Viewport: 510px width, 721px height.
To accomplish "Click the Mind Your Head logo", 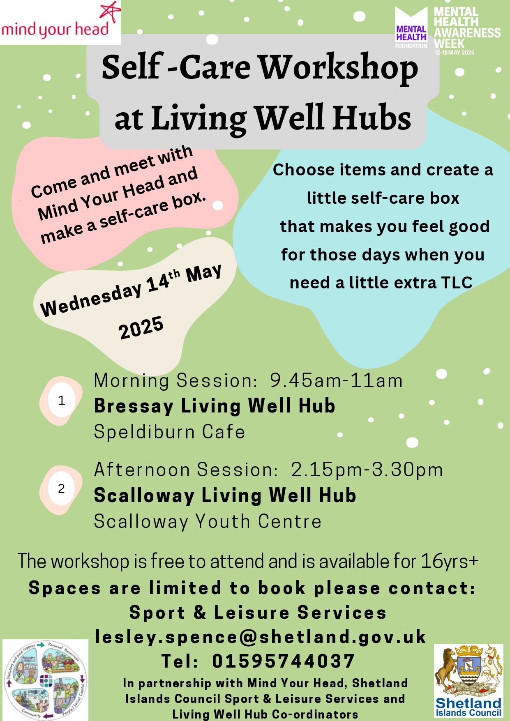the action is click(60, 23).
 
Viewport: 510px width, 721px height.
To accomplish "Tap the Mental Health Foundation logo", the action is click(411, 28).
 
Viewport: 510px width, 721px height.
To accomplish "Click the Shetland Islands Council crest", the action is click(468, 680).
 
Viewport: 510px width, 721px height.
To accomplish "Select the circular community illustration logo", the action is click(45, 680).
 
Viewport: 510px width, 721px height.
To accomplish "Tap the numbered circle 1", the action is click(61, 400).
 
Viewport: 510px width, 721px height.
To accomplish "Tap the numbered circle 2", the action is click(61, 488).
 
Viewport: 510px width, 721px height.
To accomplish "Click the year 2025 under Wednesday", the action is click(141, 328).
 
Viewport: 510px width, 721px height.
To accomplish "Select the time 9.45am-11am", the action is click(336, 380).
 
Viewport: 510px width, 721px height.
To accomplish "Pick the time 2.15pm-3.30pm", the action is click(367, 470).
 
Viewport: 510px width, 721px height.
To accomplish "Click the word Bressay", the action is click(134, 406).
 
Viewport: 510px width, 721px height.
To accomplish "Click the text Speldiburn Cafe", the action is click(169, 432).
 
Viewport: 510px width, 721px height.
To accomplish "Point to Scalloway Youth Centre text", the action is click(208, 521).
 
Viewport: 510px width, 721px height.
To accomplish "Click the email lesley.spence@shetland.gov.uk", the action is click(261, 637).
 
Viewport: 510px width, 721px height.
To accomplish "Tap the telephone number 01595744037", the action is click(283, 661).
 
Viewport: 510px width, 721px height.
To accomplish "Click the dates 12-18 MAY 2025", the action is click(454, 53).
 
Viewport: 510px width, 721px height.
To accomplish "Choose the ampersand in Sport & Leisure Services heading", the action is click(200, 612).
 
